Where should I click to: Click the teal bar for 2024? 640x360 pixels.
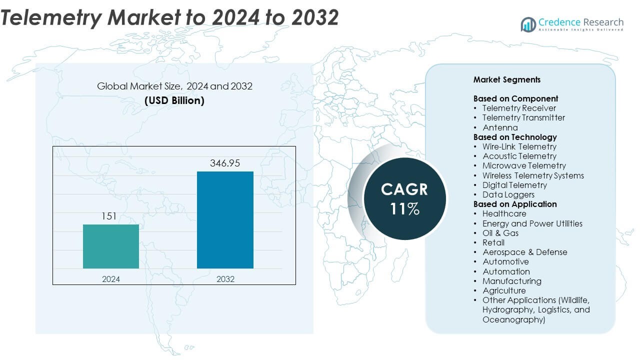pyautogui.click(x=111, y=246)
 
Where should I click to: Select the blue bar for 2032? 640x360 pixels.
pyautogui.click(x=225, y=220)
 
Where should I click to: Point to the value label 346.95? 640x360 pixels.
pyautogui.click(x=225, y=163)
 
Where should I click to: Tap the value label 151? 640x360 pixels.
pyautogui.click(x=109, y=216)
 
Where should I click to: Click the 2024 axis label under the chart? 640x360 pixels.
pyautogui.click(x=111, y=279)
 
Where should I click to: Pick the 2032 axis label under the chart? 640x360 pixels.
pyautogui.click(x=225, y=279)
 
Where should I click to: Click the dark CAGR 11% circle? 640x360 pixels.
pyautogui.click(x=404, y=198)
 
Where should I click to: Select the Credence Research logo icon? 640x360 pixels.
pyautogui.click(x=528, y=24)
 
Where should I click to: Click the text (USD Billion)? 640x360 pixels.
pyautogui.click(x=174, y=100)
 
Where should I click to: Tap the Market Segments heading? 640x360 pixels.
pyautogui.click(x=507, y=79)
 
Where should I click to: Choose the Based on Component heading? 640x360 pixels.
pyautogui.click(x=515, y=98)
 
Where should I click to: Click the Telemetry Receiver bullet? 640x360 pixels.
pyautogui.click(x=519, y=108)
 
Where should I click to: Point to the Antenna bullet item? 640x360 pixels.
pyautogui.click(x=500, y=127)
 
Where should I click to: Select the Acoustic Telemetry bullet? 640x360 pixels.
pyautogui.click(x=519, y=156)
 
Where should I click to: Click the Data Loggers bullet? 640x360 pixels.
pyautogui.click(x=508, y=194)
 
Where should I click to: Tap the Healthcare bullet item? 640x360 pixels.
pyautogui.click(x=504, y=213)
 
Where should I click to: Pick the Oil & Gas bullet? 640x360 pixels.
pyautogui.click(x=500, y=233)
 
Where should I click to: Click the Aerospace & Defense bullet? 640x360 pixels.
pyautogui.click(x=524, y=252)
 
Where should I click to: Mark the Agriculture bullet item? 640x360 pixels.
pyautogui.click(x=504, y=290)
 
